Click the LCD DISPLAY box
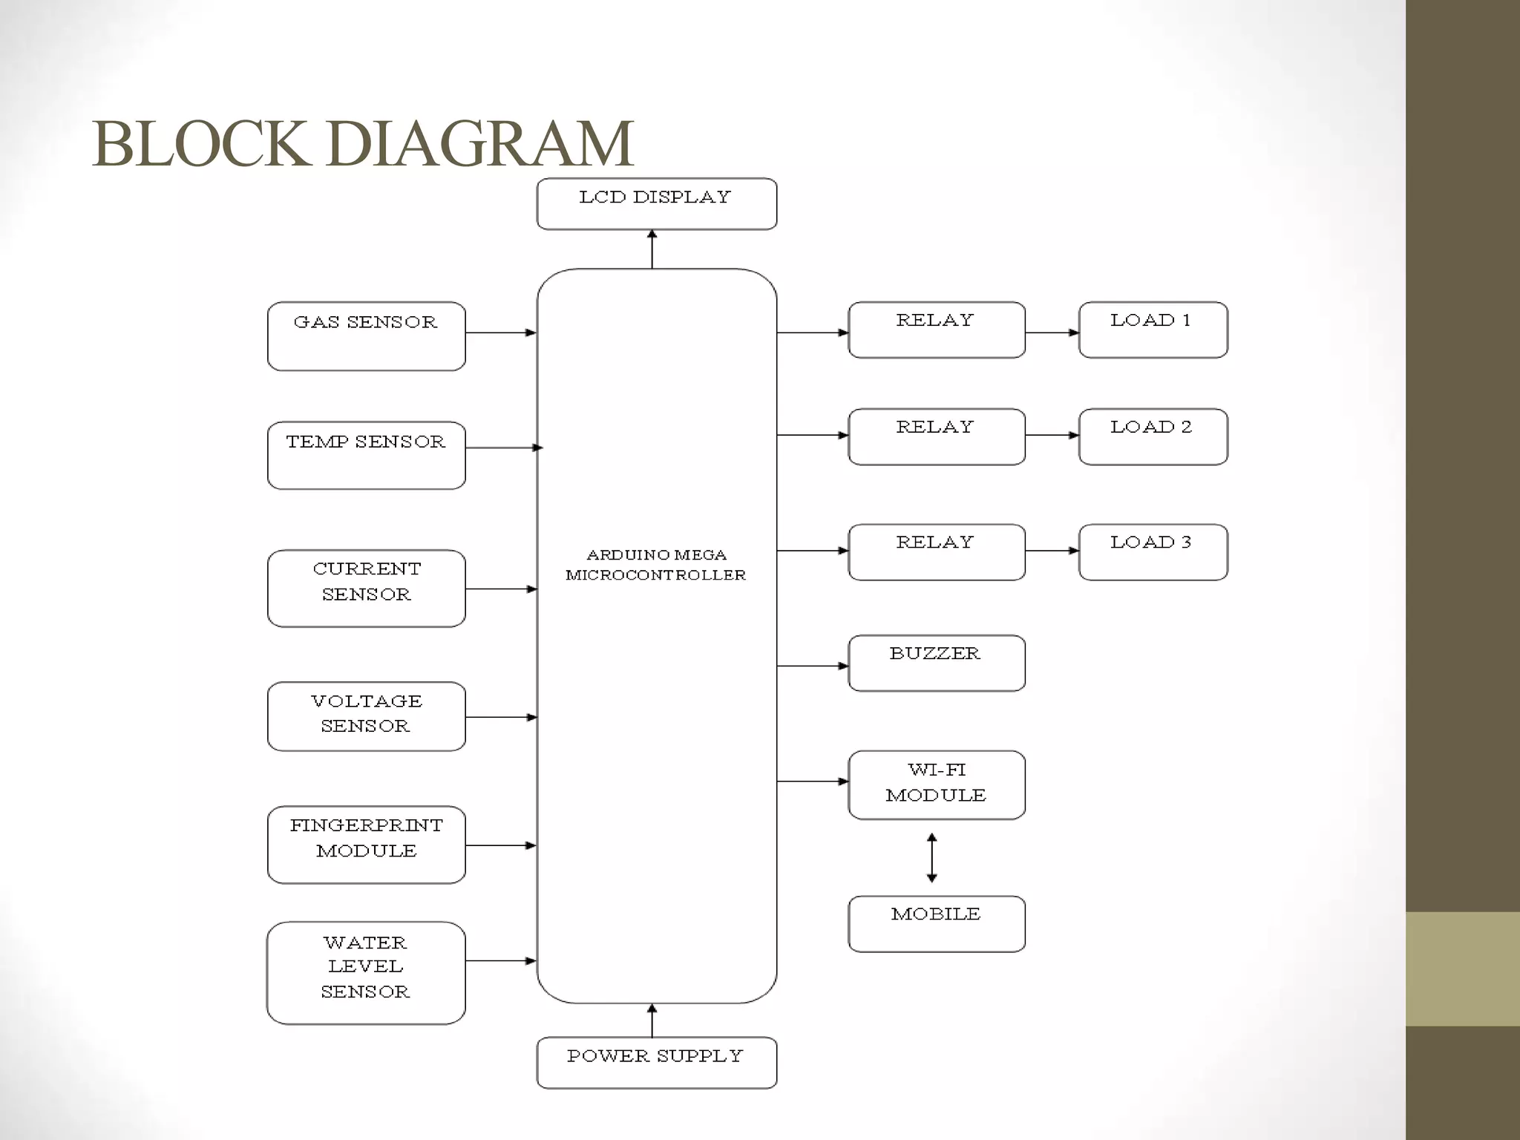pos(656,203)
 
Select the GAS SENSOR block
pos(366,335)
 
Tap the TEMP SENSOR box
pos(366,455)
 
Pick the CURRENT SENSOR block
pos(366,588)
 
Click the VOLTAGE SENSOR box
pos(366,716)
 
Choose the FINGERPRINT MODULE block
pos(366,844)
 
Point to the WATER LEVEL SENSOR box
pos(366,972)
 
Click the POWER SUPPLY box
pos(656,1062)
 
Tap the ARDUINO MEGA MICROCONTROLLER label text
pos(656,565)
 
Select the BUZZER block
pos(936,663)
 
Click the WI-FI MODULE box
pos(936,784)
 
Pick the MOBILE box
pos(936,923)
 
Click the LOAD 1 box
pos(1153,330)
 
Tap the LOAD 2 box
pos(1153,436)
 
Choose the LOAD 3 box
pos(1153,552)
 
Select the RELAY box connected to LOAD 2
pos(936,436)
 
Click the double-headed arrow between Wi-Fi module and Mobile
pos(932,857)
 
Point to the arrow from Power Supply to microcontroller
pos(652,1021)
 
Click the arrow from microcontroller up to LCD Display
pos(652,249)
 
